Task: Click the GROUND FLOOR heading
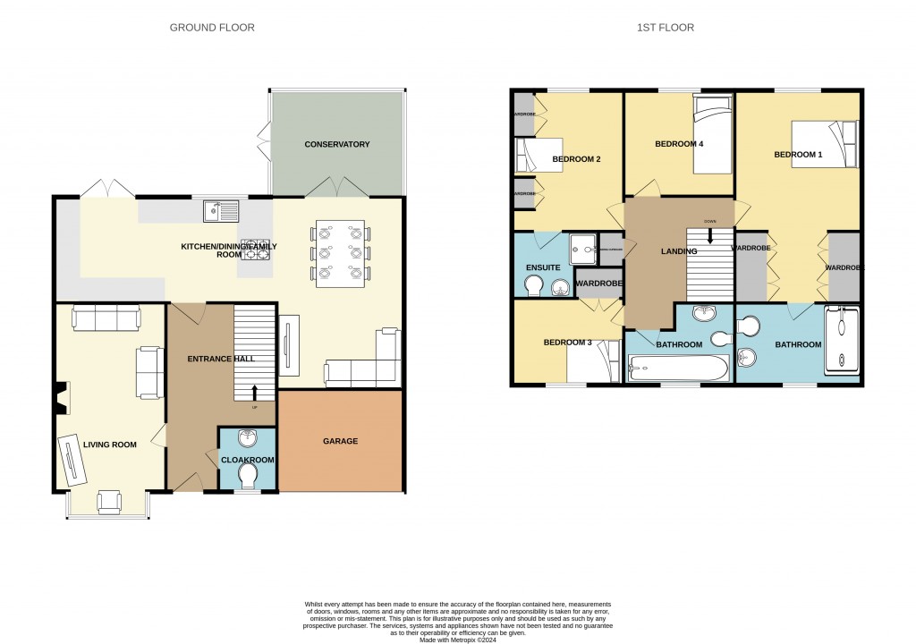(212, 28)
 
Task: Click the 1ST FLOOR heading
(665, 28)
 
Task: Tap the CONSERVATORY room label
(336, 144)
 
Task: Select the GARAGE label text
(340, 441)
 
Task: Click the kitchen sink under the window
(221, 211)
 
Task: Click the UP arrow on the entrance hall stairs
(255, 392)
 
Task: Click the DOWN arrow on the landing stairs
(709, 235)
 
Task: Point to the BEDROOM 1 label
(797, 155)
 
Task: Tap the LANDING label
(679, 252)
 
